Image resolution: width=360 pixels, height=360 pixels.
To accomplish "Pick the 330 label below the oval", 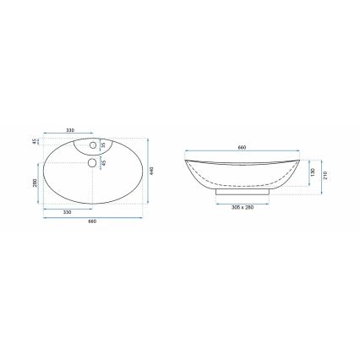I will pos(66,212).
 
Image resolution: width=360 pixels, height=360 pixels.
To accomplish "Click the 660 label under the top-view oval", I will pos(92,221).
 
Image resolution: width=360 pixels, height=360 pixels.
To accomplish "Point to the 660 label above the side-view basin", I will pos(243,148).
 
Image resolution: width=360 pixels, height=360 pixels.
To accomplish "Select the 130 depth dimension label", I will pos(312,172).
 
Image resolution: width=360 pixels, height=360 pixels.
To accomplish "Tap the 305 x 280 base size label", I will pos(243,207).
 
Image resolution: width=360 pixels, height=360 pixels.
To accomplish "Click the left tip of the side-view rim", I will pos(184,155).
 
